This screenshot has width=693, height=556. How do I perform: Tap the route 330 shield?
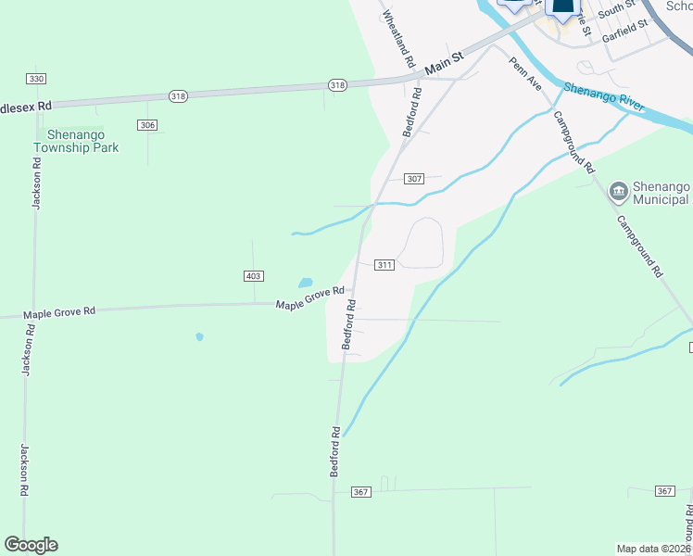[36, 79]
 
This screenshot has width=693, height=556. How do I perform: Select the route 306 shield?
[146, 124]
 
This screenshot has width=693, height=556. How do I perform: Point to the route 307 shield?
[414, 179]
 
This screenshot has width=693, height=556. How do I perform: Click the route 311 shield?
[385, 265]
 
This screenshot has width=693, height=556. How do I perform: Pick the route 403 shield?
[254, 276]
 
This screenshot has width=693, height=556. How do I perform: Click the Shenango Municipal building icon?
[618, 193]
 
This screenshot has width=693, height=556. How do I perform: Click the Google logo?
[31, 545]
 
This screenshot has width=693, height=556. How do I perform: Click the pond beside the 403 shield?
[305, 283]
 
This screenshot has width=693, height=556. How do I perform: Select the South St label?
[616, 11]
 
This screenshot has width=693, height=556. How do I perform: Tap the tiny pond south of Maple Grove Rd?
[199, 337]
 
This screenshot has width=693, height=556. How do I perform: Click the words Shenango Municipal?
[661, 193]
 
